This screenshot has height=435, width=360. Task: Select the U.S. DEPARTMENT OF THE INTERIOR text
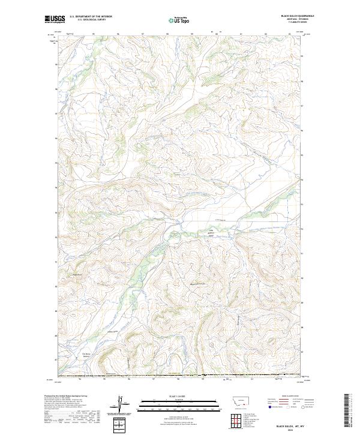coord(91,16)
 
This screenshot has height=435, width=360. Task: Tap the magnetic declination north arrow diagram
coord(120,406)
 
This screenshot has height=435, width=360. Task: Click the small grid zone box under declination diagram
coord(120,425)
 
